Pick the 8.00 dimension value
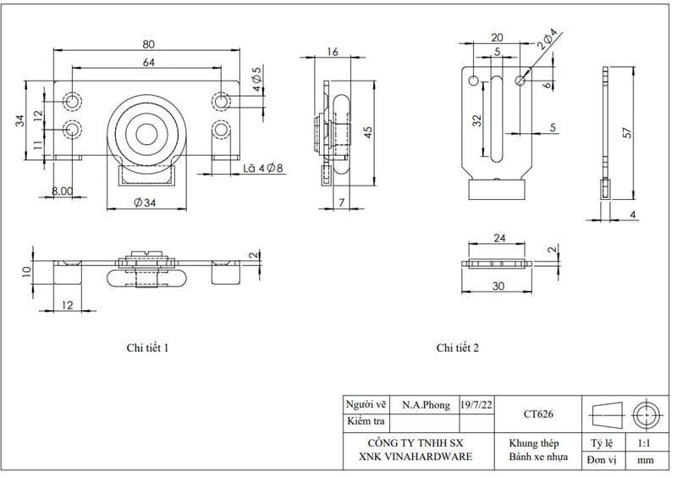[62, 192]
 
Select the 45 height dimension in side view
[366, 131]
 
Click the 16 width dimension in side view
[332, 52]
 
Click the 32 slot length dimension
[476, 120]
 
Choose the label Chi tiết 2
[458, 348]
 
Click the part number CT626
[538, 414]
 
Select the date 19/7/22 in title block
[477, 405]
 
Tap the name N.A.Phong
[426, 405]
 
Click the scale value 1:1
[643, 443]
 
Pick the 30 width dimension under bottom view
[498, 286]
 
